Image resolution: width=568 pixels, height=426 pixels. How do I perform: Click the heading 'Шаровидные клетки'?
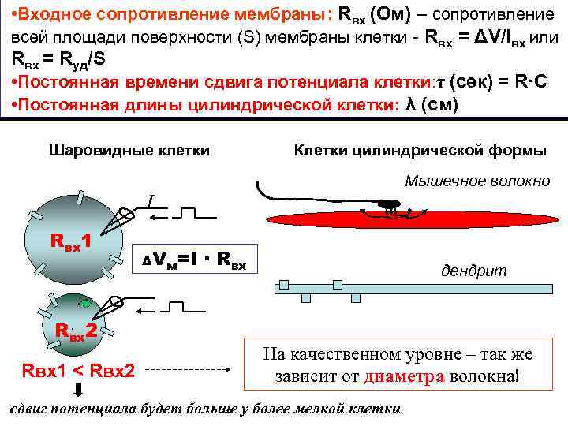click(x=129, y=150)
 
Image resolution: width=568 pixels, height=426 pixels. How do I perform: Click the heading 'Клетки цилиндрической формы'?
click(x=420, y=150)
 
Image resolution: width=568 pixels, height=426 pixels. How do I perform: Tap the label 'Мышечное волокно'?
click(x=477, y=181)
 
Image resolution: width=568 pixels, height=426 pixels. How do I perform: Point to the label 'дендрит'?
click(x=473, y=271)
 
